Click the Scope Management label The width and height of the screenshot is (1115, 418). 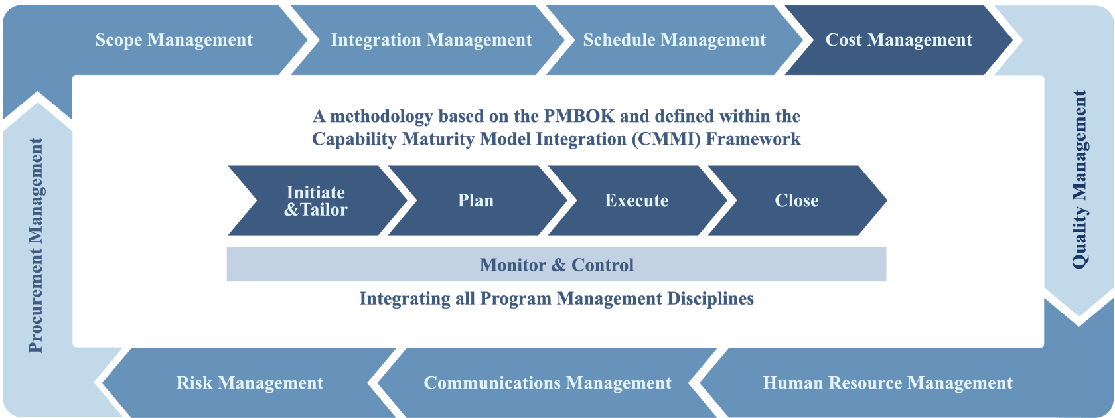pos(174,40)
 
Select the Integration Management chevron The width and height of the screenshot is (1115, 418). pos(428,40)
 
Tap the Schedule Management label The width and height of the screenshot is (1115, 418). pos(674,40)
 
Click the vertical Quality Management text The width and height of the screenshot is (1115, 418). pos(1079,179)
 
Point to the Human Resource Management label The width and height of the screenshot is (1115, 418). pos(887,383)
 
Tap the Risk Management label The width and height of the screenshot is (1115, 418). pos(250,383)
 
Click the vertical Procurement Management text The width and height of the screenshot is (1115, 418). pos(36,245)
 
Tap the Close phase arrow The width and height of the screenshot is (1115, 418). pos(797,200)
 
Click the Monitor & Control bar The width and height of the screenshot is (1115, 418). pos(556,264)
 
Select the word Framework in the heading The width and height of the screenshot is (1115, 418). pos(753,139)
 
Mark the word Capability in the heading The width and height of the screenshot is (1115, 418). pos(354,139)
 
